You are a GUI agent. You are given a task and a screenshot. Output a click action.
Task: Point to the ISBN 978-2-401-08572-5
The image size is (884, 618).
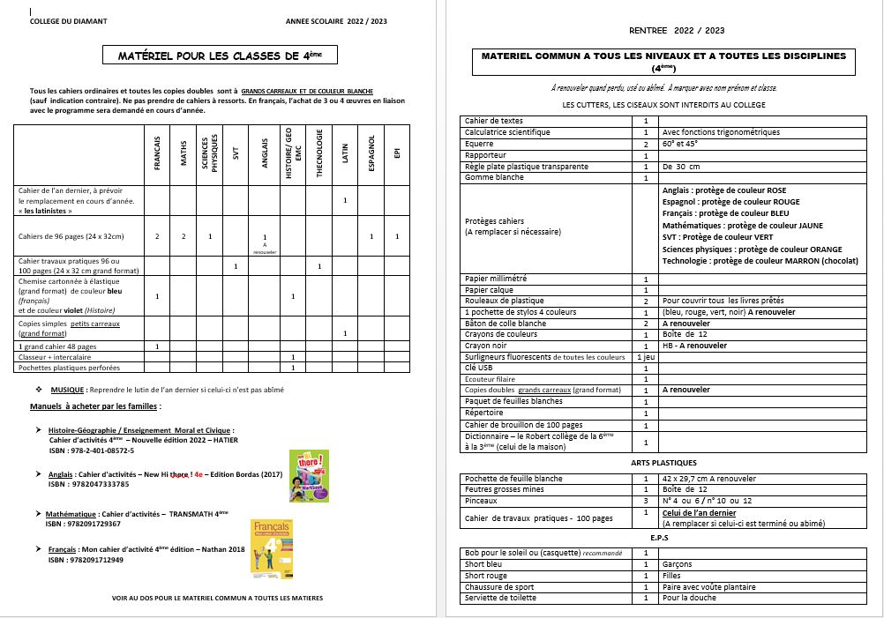92,450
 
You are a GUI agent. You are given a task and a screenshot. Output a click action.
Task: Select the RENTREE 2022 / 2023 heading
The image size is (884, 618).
678,30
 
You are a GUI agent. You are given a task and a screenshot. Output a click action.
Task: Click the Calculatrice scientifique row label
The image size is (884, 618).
506,132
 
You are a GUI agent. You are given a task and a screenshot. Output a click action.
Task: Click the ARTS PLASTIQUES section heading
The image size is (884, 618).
663,463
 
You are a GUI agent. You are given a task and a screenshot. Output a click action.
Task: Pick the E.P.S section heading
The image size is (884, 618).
664,537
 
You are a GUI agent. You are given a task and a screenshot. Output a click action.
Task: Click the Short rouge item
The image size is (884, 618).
485,576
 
